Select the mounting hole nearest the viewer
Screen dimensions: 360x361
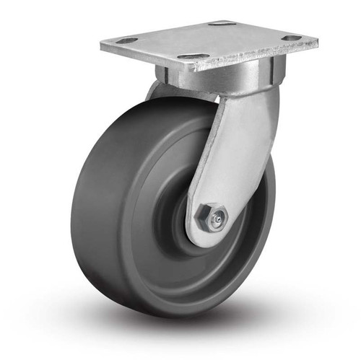coord(193,56)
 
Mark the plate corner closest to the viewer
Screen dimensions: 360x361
coord(186,70)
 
